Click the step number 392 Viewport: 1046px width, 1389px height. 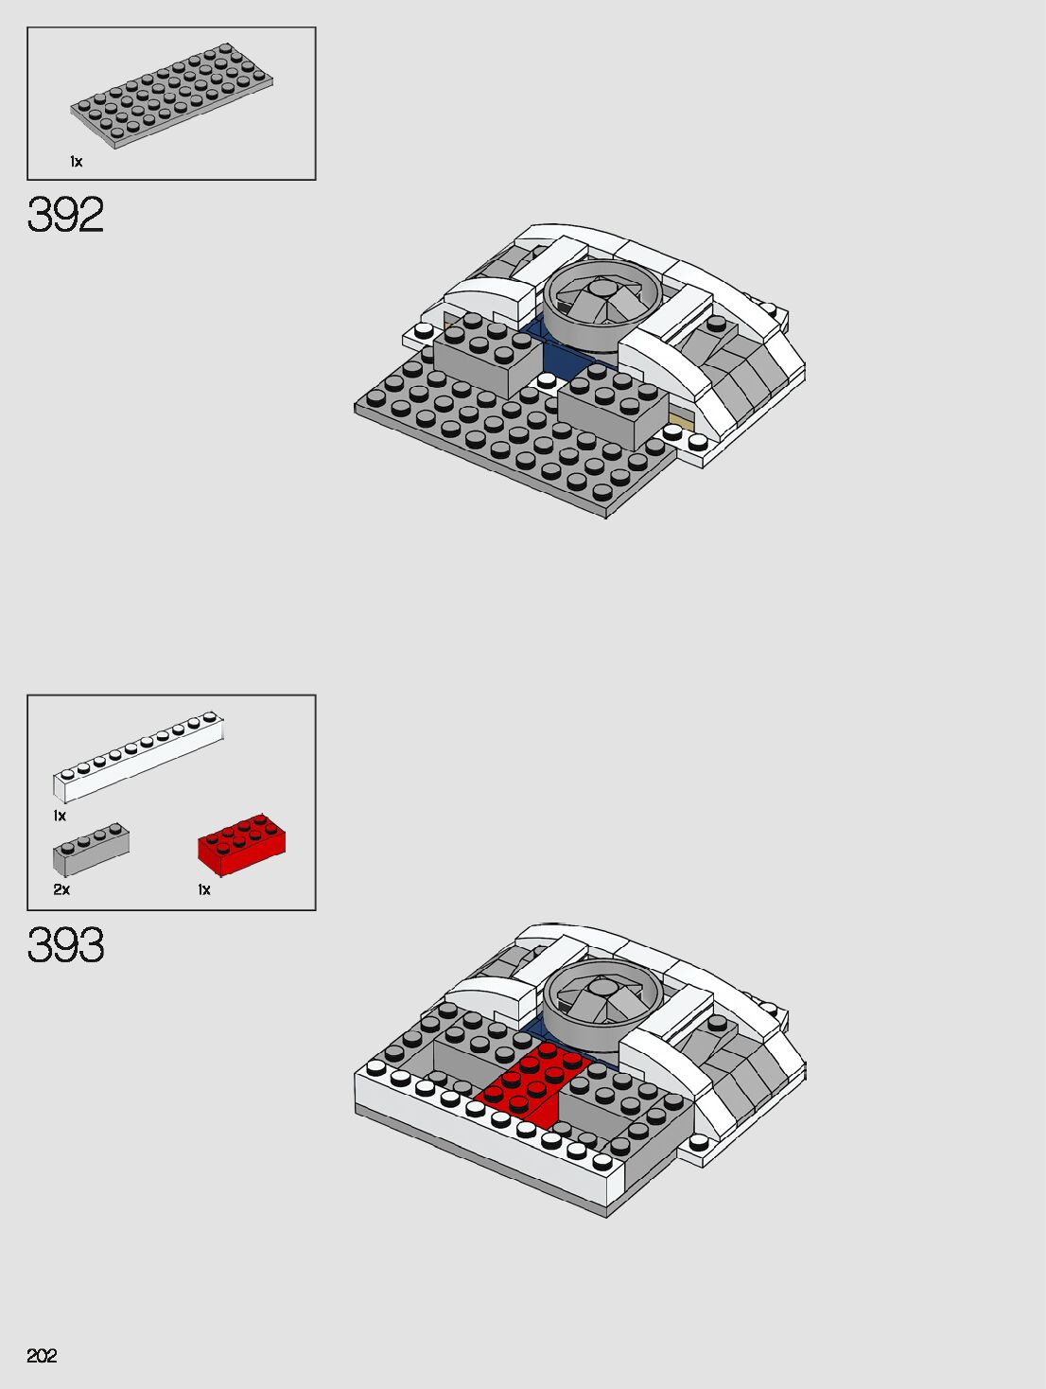point(65,215)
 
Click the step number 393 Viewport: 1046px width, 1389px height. point(65,945)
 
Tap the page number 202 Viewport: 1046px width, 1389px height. point(42,1356)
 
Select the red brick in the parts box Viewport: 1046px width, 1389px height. point(241,841)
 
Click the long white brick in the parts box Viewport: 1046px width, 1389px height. point(138,756)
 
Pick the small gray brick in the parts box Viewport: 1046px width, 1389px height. point(91,848)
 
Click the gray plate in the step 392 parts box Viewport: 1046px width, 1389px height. point(171,95)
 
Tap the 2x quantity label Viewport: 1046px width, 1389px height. point(61,889)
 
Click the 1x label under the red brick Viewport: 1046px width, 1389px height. point(204,889)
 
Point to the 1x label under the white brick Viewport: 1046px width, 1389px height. point(60,816)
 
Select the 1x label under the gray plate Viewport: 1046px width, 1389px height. point(76,162)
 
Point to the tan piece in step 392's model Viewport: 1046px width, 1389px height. point(680,418)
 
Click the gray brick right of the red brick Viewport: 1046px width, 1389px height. point(624,1107)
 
